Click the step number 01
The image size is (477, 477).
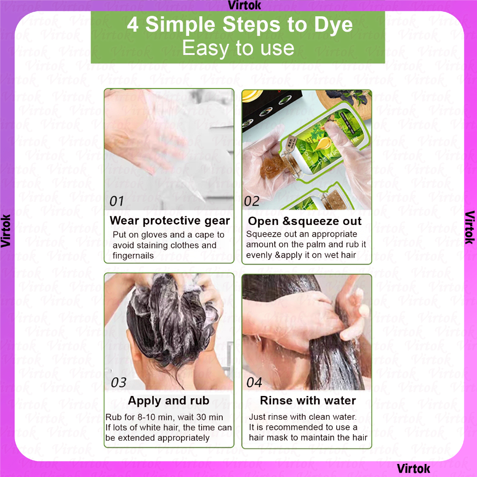click(x=116, y=201)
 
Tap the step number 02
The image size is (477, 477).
click(x=252, y=201)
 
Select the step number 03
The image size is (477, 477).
click(x=119, y=382)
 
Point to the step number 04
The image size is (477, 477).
click(x=254, y=382)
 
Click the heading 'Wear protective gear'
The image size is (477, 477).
click(x=170, y=220)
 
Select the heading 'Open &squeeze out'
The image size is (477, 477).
click(x=305, y=221)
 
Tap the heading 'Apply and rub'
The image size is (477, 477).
click(x=169, y=401)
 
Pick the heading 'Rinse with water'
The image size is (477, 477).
click(x=308, y=400)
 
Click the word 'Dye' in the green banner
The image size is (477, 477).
click(x=334, y=25)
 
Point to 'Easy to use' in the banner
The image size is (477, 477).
click(x=238, y=48)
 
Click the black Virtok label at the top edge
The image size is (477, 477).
click(x=244, y=5)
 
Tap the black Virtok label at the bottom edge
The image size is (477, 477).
click(x=414, y=469)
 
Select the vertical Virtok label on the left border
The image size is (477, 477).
click(x=6, y=231)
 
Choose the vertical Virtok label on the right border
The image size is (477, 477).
click(x=470, y=227)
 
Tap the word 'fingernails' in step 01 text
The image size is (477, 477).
click(x=133, y=256)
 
